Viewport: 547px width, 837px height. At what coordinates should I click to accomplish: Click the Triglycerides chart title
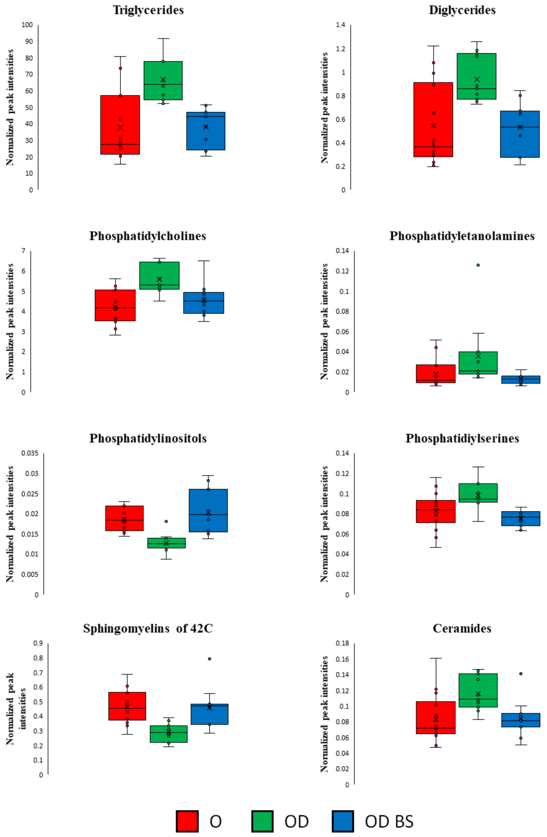[148, 10]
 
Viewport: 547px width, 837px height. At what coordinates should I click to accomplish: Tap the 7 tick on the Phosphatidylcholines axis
[24, 251]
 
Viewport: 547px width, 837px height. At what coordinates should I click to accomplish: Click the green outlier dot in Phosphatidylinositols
[166, 521]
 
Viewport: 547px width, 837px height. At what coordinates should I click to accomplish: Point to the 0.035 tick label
[30, 453]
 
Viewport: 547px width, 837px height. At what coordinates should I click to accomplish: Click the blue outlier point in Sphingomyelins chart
[209, 659]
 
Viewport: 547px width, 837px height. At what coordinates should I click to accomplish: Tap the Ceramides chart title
[462, 628]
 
